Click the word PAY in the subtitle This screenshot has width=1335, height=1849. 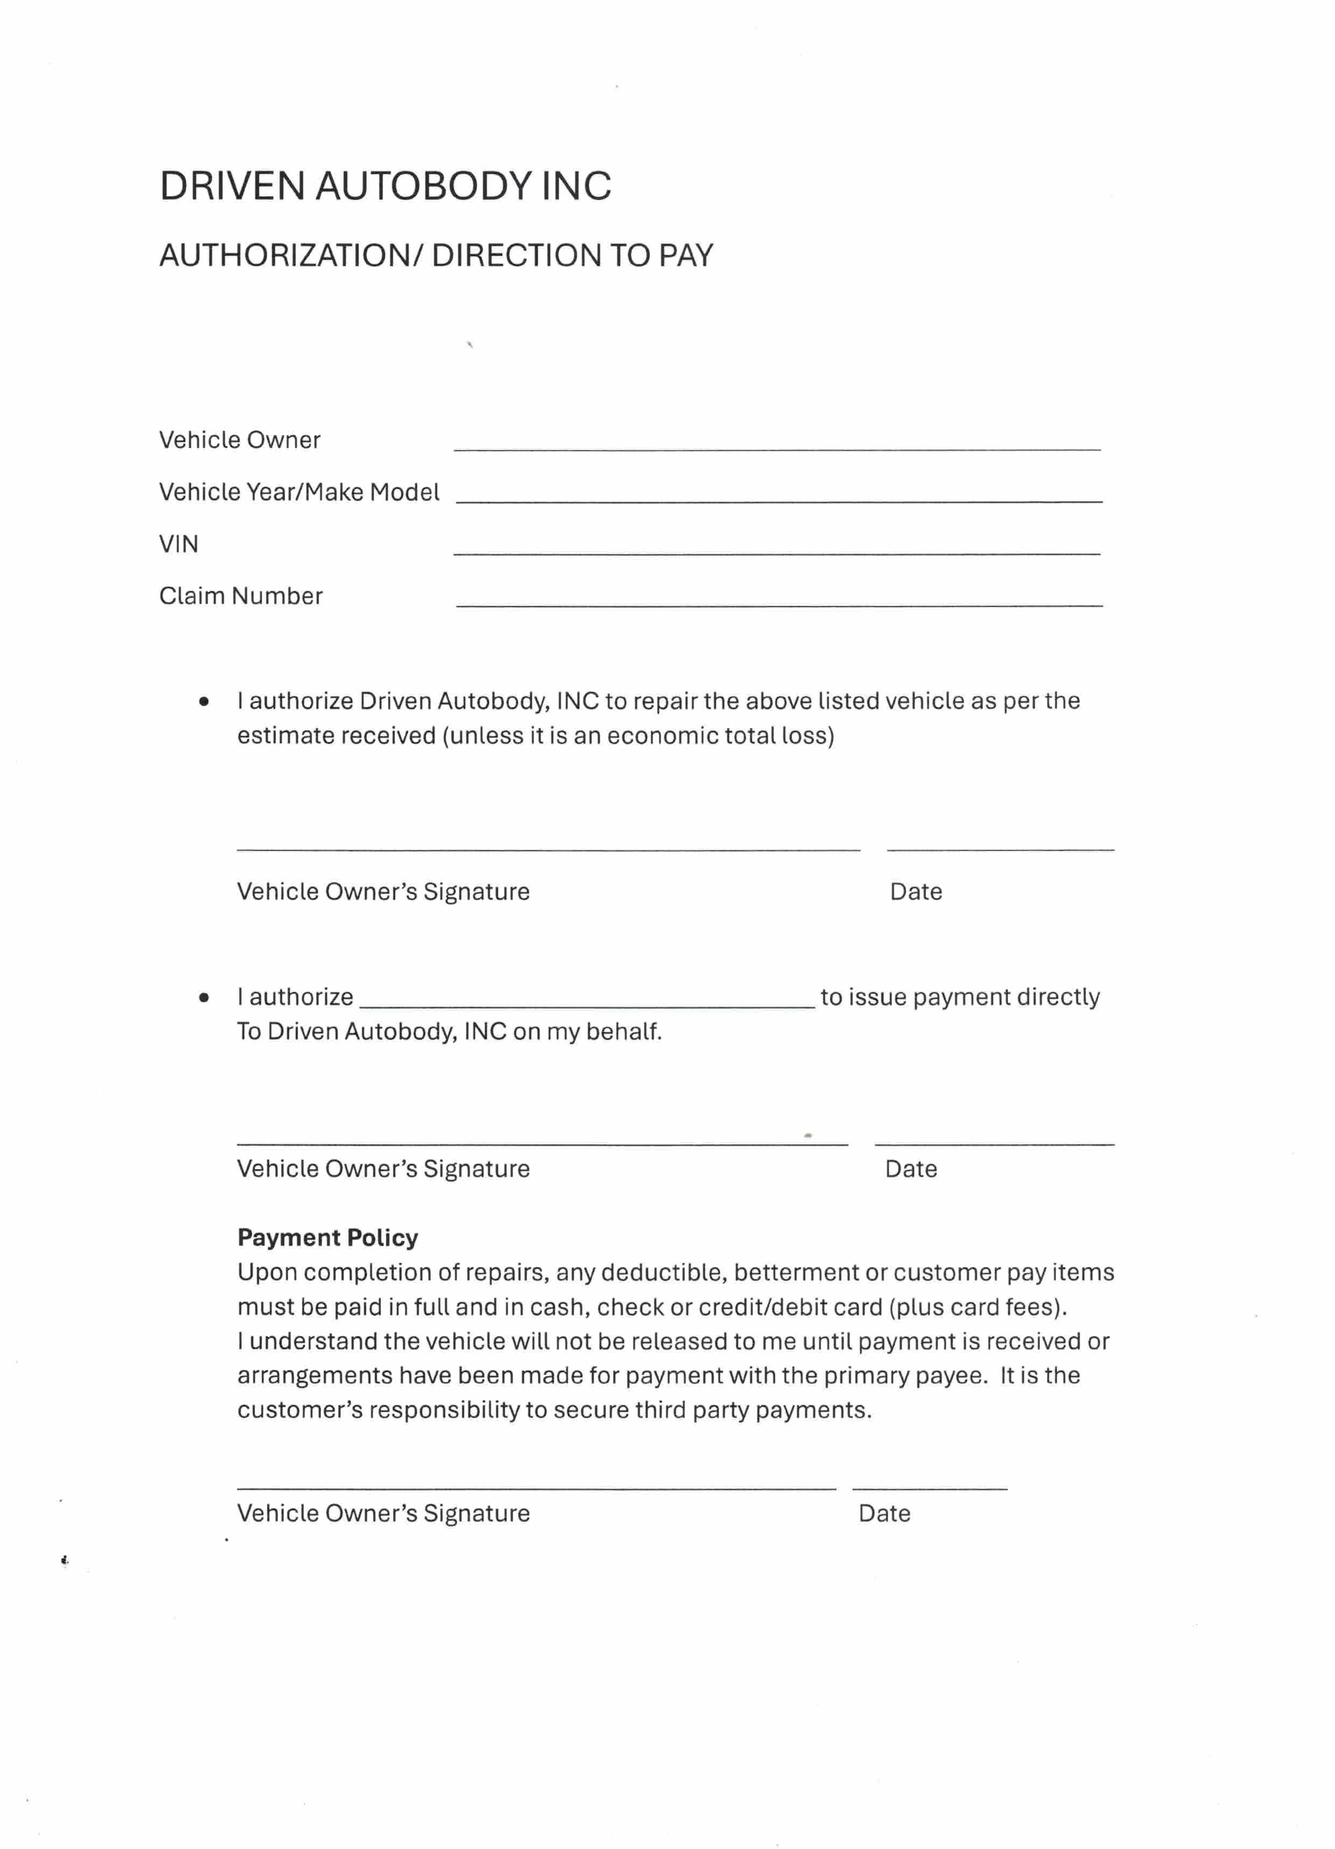coord(685,256)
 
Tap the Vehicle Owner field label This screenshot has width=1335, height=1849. coord(239,440)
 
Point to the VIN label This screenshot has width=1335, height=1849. coord(179,544)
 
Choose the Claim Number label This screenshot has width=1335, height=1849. coord(241,596)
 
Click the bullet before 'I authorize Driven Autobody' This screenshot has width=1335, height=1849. coord(204,701)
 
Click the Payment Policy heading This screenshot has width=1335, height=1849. coord(328,1237)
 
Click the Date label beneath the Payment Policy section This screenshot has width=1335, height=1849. coord(884,1514)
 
